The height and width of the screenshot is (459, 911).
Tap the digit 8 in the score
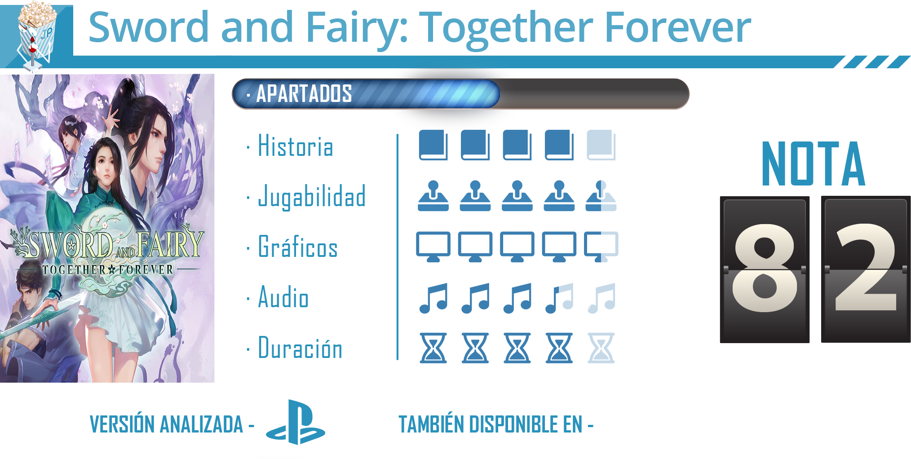(x=765, y=268)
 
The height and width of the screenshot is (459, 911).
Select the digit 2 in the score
(x=866, y=268)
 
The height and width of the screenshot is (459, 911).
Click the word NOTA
(x=813, y=163)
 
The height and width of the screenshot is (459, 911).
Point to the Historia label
(x=296, y=146)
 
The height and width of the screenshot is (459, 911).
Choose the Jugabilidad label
(x=312, y=197)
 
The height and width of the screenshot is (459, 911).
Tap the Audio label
(x=283, y=297)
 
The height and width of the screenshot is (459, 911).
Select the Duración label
(x=300, y=348)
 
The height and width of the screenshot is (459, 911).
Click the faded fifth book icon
(x=601, y=145)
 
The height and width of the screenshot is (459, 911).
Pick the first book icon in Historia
(x=433, y=145)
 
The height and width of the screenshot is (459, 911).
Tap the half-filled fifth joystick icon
(x=601, y=196)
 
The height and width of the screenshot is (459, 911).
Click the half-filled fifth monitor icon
(x=601, y=247)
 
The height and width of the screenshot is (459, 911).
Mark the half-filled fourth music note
(x=559, y=298)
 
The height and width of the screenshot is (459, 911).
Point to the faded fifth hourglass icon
(x=601, y=348)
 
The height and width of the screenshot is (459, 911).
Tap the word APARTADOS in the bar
(x=304, y=94)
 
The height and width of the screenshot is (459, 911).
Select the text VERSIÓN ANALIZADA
(x=166, y=424)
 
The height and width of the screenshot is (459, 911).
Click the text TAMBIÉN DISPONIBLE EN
(x=491, y=424)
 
